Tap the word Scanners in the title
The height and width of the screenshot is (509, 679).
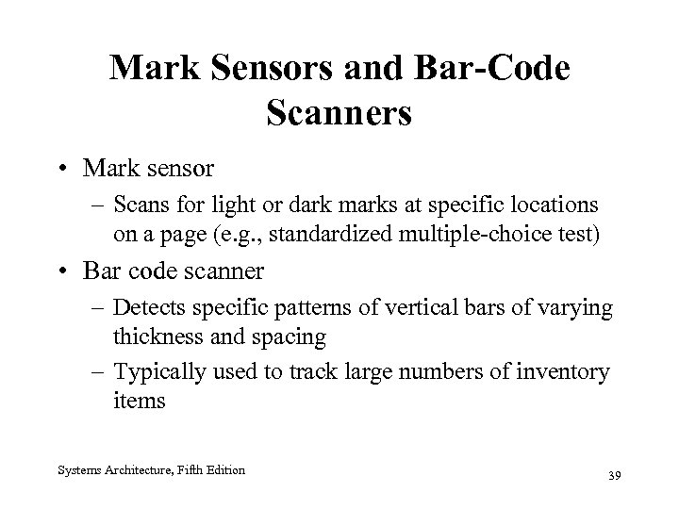pos(339,113)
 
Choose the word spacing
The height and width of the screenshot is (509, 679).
pos(291,336)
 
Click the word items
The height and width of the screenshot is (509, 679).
pos(141,400)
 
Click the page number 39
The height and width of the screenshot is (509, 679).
pos(615,474)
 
